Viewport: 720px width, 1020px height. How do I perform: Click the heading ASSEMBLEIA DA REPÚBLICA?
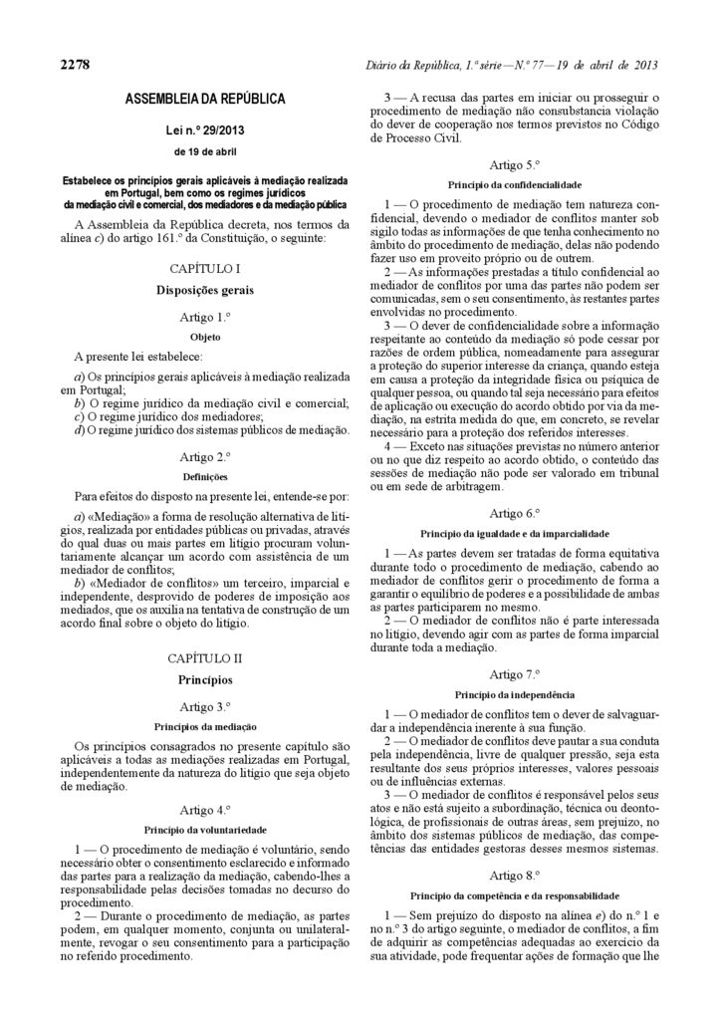tap(205, 100)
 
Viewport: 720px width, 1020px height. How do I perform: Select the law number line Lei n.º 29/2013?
tap(205, 130)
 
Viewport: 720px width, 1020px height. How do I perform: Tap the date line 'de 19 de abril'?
tap(205, 152)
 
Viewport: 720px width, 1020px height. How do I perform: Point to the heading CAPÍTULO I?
tap(205, 269)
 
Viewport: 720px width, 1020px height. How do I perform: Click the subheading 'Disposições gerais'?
tap(205, 291)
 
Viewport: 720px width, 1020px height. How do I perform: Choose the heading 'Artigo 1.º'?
tap(205, 317)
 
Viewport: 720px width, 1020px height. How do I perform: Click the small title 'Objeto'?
tap(205, 337)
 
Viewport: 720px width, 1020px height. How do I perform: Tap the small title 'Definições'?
tap(205, 476)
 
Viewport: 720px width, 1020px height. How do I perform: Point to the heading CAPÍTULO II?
tap(205, 658)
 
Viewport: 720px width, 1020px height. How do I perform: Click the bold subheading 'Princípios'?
tap(205, 680)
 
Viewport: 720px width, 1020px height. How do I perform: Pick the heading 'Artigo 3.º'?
tap(205, 706)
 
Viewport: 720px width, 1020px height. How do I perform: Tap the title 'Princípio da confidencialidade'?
tap(514, 184)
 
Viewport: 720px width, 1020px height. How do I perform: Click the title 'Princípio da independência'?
tap(514, 693)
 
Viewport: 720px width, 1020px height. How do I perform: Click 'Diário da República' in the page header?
tap(415, 65)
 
